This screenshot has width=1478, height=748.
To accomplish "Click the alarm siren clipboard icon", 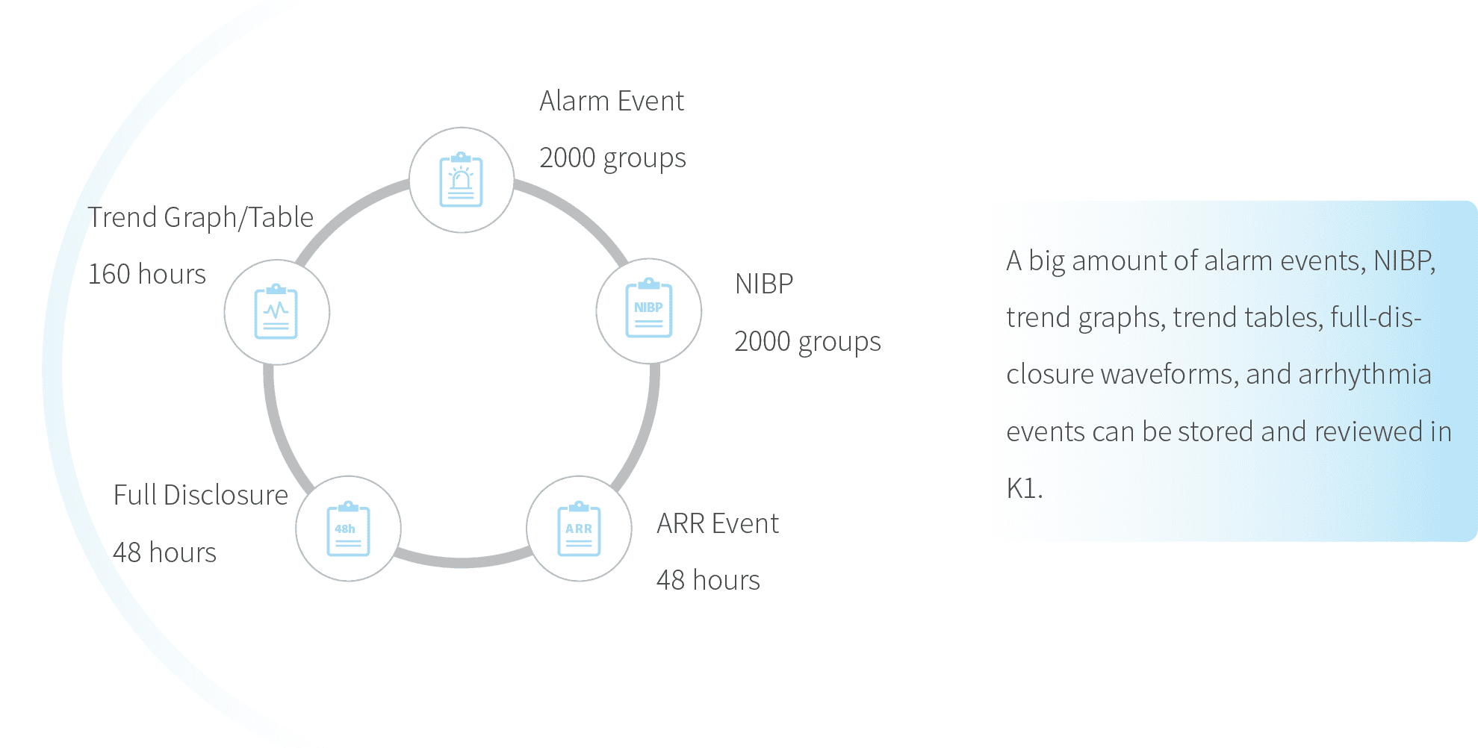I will pos(462,180).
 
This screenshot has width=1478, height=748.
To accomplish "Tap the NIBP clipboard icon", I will pos(648,311).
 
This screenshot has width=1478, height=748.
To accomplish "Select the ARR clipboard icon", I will pos(579,529).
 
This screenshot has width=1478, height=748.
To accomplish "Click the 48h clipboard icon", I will pos(348,529).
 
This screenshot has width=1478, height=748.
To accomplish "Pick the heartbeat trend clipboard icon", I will pos(276,312).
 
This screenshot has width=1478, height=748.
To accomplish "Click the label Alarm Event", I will pos(611,101).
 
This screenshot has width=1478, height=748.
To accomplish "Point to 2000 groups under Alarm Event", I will pos(612,158).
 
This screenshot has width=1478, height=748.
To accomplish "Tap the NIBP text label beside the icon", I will pos(764,284).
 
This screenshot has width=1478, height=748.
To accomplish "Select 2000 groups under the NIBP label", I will pos(807,341).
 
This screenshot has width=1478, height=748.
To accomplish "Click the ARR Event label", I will pos(718,523).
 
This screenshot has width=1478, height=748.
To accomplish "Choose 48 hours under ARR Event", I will pos(709,580).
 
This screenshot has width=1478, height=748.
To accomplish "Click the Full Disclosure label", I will pos(200,495).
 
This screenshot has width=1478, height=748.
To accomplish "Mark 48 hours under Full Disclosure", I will pos(165,552).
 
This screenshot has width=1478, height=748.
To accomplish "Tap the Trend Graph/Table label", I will pos(200,217).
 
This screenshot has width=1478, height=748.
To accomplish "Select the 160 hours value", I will pos(147,274).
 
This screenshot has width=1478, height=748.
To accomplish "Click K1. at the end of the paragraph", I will pos(1023,488).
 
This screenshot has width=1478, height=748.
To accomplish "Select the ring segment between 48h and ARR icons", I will pos(463,560).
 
